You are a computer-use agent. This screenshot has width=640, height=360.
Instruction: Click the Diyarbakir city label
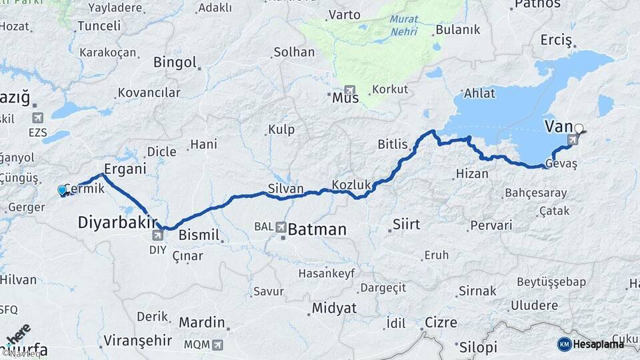(117, 222)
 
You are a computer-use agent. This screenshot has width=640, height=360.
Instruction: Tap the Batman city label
(317, 230)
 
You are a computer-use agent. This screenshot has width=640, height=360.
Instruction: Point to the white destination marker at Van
(579, 129)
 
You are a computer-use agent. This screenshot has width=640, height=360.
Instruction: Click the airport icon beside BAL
(281, 227)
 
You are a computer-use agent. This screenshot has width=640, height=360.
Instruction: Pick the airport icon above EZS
(38, 117)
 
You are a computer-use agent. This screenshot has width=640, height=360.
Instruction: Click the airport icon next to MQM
(217, 345)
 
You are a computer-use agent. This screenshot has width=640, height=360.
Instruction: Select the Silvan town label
(285, 189)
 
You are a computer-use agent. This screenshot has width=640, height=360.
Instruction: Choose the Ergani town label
(125, 169)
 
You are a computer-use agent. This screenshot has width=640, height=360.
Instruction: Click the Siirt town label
(406, 224)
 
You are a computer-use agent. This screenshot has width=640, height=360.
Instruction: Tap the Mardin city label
(201, 323)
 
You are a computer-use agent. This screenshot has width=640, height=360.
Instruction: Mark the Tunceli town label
(99, 26)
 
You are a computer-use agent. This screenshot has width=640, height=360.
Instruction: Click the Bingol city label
(175, 63)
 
